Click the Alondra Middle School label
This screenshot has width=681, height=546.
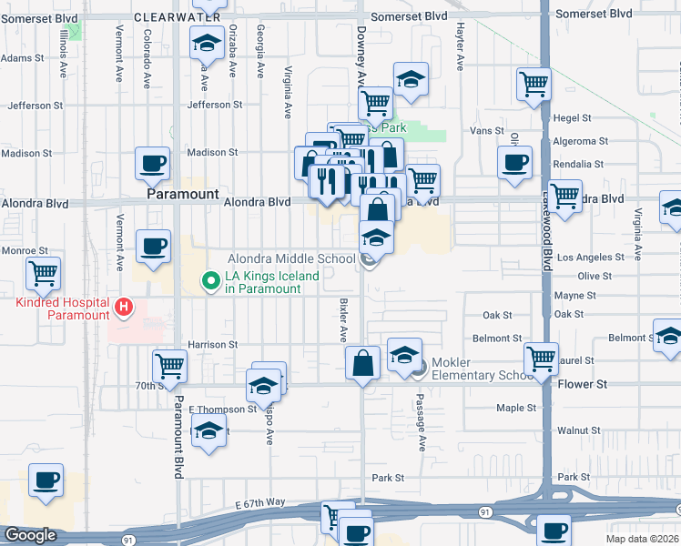(290, 259)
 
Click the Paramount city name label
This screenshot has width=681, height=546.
(183, 195)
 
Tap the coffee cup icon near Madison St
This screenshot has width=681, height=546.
(152, 165)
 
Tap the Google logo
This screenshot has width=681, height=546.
(30, 536)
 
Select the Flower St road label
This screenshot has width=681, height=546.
(582, 385)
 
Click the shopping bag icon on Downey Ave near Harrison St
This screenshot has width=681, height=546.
(363, 365)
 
